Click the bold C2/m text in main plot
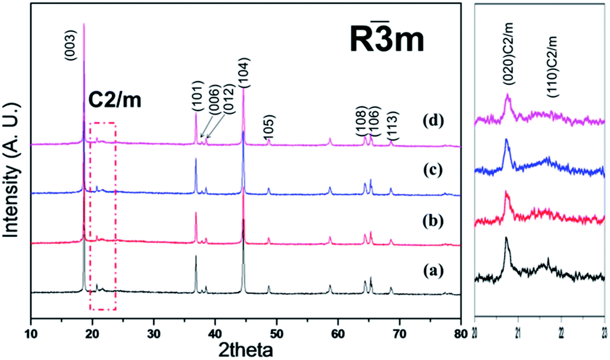tap(115, 101)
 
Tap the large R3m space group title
tap(386, 41)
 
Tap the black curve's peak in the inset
tap(506, 239)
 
